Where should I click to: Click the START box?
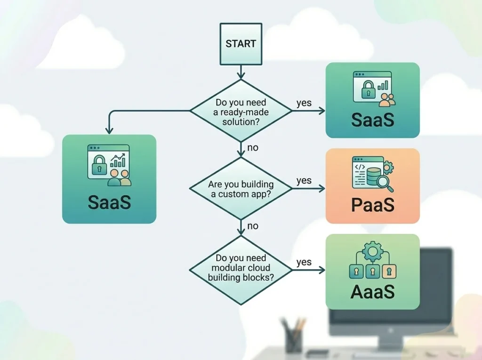click(x=241, y=44)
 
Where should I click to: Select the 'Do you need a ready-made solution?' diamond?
click(x=241, y=111)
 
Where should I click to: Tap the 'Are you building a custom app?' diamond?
click(x=241, y=188)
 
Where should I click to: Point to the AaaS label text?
click(x=372, y=291)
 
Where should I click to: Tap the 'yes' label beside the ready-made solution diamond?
click(x=304, y=103)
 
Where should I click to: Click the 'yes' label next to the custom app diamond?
click(x=304, y=180)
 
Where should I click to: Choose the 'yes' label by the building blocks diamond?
click(x=304, y=262)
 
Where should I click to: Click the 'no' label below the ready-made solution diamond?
click(x=253, y=148)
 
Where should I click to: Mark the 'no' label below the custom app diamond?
click(x=253, y=226)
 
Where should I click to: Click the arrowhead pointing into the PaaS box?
click(x=321, y=188)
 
